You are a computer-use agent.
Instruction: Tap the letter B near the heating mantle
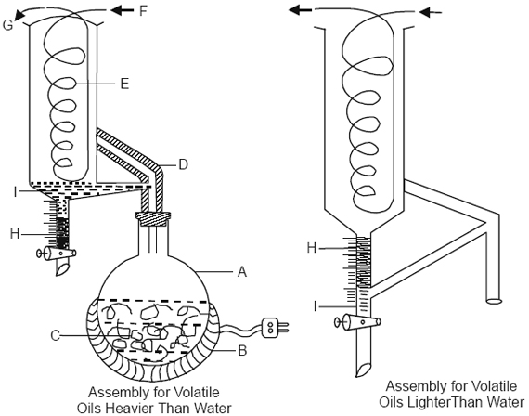[x=240, y=351]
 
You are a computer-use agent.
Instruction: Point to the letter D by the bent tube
[x=182, y=164]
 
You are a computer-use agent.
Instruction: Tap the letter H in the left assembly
[x=11, y=232]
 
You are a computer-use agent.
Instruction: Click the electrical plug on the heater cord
[x=273, y=326]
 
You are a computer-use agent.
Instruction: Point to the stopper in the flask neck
[x=154, y=219]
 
